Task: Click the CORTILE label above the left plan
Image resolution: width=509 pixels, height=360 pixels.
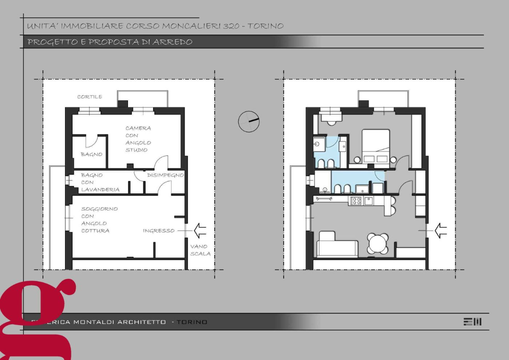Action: tap(89, 96)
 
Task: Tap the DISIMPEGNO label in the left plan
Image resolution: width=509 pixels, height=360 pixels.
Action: tap(165, 175)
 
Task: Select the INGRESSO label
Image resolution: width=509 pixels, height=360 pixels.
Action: tap(158, 230)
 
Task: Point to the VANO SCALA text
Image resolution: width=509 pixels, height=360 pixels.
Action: tap(200, 250)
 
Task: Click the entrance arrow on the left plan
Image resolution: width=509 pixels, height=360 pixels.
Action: tap(199, 230)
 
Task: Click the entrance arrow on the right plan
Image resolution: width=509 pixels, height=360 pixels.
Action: tap(440, 230)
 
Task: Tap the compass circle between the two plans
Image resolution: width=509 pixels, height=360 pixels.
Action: tap(248, 121)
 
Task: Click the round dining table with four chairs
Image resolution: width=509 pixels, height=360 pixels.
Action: tap(377, 244)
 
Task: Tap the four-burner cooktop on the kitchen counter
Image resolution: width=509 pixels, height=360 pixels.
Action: tap(356, 200)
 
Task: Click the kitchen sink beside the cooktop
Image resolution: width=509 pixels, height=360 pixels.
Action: tap(368, 200)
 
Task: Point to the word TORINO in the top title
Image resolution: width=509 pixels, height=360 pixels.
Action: tap(265, 26)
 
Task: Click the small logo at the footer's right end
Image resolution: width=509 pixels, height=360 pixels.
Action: tap(472, 321)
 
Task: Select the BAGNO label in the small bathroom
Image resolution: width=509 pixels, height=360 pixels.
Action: tap(91, 154)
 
